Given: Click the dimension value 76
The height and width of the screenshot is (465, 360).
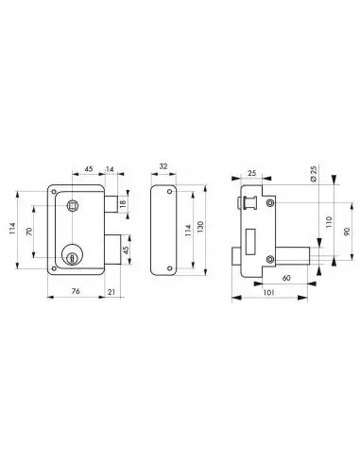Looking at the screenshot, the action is pos(76,291).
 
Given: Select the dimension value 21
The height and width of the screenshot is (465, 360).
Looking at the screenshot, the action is pos(111,292).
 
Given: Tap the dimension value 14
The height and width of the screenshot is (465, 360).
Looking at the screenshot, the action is pos(110,169).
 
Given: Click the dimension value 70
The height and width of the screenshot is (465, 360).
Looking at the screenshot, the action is pos(29,232).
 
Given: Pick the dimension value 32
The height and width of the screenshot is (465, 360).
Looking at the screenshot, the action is pos(163,166).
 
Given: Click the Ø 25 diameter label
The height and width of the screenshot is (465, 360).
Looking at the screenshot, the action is pos(314,173).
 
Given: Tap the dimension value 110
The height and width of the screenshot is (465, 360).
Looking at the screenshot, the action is pos(329,223).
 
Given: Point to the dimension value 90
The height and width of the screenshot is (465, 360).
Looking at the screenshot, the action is pos(347,232).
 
